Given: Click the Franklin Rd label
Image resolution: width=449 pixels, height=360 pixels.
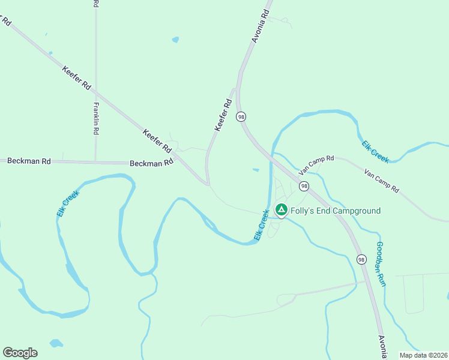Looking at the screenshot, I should point(96,118).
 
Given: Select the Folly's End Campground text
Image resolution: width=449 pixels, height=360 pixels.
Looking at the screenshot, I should point(336,211).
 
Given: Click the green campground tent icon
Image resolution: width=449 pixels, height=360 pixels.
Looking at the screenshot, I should point(281,209).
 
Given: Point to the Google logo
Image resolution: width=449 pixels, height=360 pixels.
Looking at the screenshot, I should point(20,353).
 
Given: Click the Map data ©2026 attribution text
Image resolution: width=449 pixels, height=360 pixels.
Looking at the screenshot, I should point(423,355).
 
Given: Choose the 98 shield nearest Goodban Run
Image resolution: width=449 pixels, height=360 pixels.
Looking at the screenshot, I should point(361,259).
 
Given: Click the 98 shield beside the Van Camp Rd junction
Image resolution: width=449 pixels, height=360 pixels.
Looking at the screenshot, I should point(304,186).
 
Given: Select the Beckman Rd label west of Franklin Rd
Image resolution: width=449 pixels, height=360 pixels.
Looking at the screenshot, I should point(29,161).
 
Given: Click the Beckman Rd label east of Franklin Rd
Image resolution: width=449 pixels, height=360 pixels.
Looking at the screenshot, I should point(151,163).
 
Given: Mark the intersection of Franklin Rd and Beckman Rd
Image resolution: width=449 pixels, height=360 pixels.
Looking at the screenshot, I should point(96,161).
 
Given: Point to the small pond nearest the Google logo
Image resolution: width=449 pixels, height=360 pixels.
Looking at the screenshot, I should point(56,344).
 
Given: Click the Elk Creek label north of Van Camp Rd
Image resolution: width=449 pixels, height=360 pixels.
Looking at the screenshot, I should point(376,152).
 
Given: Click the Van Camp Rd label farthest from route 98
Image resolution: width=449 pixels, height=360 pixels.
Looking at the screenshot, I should point(382,180).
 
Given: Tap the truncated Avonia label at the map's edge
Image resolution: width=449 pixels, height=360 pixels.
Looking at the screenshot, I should point(382,347).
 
